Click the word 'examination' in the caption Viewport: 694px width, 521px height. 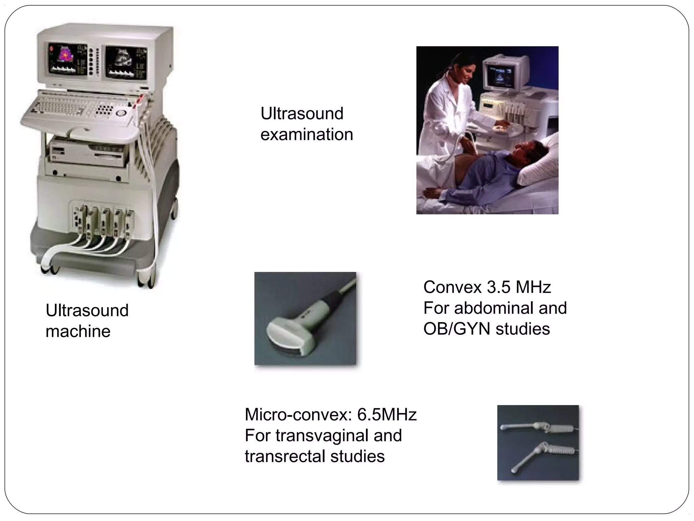[x=307, y=135]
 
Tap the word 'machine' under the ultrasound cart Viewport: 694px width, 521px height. [x=78, y=331]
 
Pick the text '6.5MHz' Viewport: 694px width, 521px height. [x=387, y=414]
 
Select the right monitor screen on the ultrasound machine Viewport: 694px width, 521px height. [x=126, y=62]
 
